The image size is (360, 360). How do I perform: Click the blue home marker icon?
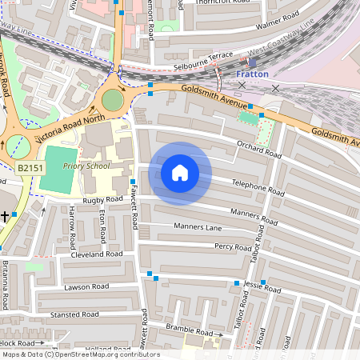pyautogui.click(x=180, y=172)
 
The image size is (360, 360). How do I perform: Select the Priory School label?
pyautogui.click(x=86, y=166)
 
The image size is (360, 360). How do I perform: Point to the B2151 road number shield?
pyautogui.click(x=30, y=168)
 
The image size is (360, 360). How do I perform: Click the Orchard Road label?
pyautogui.click(x=259, y=149)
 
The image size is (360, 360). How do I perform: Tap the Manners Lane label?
pyautogui.click(x=198, y=227)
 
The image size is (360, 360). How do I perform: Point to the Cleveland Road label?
pyautogui.click(x=96, y=254)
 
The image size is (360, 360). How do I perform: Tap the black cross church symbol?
pyautogui.click(x=5, y=216)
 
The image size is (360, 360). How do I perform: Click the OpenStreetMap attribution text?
pyautogui.click(x=80, y=354)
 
